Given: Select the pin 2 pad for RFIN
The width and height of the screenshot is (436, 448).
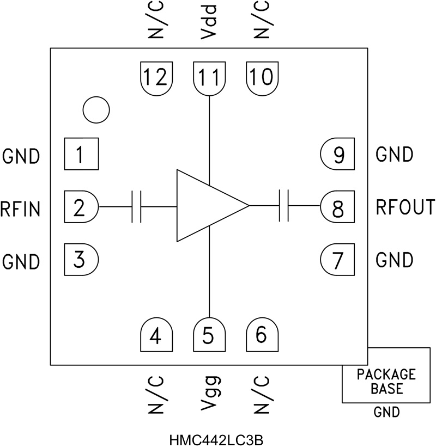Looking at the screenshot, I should coord(81,207).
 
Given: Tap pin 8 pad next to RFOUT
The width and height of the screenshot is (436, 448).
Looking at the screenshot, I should coord(337,207).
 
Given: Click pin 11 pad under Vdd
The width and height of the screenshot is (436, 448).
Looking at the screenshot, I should coord(210,78).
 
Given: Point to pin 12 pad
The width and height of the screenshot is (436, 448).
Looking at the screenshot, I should coord(157,78).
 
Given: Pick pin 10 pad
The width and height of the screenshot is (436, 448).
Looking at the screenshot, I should coord(263,78).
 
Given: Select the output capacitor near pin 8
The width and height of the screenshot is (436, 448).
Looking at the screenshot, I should coord(283,206).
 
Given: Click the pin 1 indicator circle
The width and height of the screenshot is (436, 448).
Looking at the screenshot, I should coord(96,109).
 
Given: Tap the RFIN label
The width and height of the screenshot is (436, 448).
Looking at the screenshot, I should coord(21,208).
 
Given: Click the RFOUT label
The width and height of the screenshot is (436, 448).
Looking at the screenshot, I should coord(405,207).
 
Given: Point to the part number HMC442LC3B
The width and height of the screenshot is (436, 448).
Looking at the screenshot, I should coord(218,439).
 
